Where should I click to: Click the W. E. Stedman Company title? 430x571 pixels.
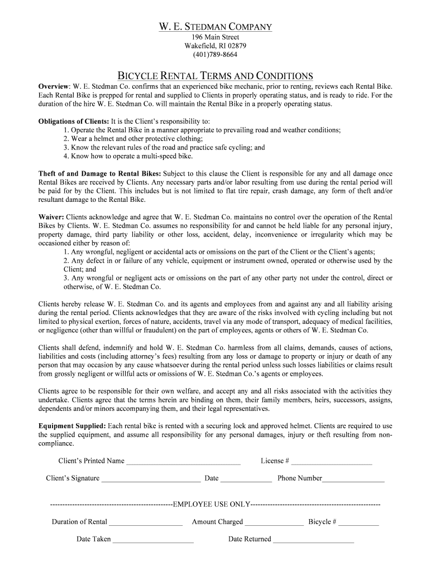click(x=215, y=27)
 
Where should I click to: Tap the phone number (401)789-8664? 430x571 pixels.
click(x=215, y=55)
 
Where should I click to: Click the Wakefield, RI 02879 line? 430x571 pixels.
click(x=215, y=46)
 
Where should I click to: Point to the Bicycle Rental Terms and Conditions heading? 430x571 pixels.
click(x=215, y=76)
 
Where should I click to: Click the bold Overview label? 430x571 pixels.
click(x=54, y=87)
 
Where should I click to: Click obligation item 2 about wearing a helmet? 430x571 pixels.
click(x=133, y=139)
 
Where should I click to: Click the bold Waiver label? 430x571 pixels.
click(x=51, y=216)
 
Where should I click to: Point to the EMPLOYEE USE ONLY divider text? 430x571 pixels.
click(x=212, y=504)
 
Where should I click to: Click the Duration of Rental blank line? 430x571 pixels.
click(x=146, y=523)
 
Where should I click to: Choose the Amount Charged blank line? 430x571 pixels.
click(x=274, y=523)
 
